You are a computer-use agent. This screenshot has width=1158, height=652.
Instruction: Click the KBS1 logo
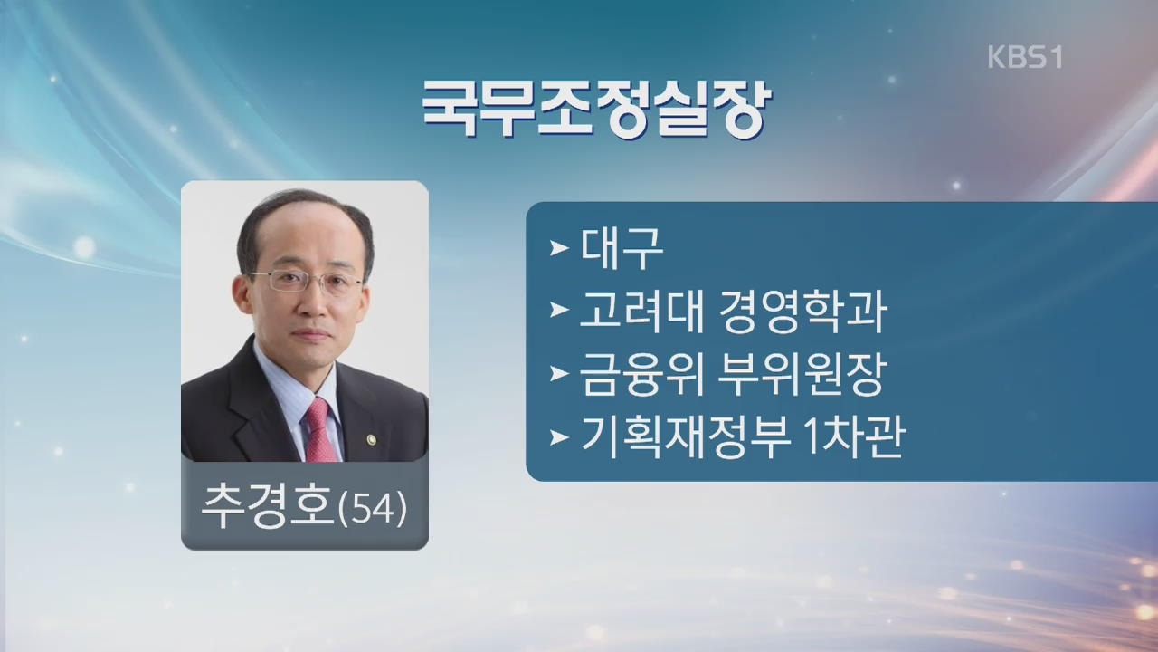(1025, 57)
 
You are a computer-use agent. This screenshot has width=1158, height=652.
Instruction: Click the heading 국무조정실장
(596, 110)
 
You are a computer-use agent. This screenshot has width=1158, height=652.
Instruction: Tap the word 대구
(622, 248)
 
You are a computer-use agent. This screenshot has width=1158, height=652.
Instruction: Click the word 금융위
(641, 374)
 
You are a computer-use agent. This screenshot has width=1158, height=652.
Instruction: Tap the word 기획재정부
(686, 437)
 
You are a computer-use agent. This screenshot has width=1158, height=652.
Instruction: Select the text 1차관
(854, 437)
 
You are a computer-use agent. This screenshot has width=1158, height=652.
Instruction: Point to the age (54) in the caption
(372, 508)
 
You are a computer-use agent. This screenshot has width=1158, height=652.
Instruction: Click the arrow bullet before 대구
(559, 249)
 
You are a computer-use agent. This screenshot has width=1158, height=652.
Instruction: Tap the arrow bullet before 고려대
(559, 311)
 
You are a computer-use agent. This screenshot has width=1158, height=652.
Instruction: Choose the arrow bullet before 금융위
(559, 374)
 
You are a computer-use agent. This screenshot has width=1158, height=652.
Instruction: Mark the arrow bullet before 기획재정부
(559, 437)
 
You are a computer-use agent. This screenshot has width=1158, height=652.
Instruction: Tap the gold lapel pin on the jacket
(371, 440)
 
